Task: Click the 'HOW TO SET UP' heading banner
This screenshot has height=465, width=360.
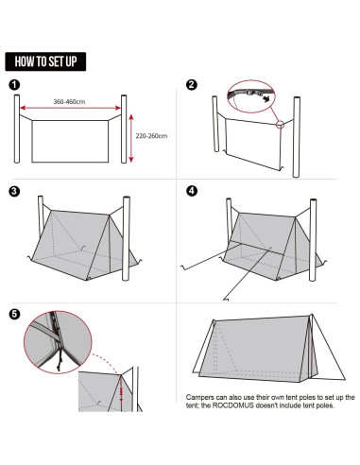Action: pos(46,61)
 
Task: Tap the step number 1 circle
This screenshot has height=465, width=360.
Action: pos(15,85)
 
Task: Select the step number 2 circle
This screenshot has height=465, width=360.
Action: pos(192,85)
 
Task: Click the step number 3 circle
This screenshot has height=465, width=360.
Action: pos(15,191)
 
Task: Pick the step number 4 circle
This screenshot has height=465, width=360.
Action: pos(192,191)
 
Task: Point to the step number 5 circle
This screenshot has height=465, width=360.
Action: pos(15,314)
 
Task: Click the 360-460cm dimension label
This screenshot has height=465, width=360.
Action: pos(70,101)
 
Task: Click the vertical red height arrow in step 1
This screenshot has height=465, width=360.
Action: pos(130,137)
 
